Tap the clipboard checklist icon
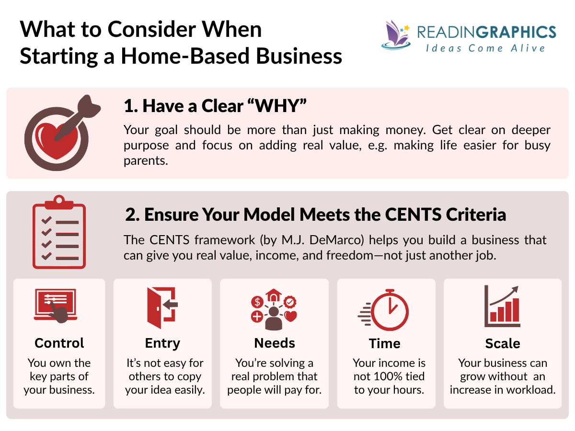point(59,232)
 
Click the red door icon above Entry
point(162,305)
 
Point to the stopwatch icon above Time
point(386,309)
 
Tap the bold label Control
point(59,343)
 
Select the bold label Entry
point(162,343)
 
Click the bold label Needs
point(275,343)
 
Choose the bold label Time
point(384,343)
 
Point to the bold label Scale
point(502,343)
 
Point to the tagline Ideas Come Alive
point(485,48)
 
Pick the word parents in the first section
point(146,160)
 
